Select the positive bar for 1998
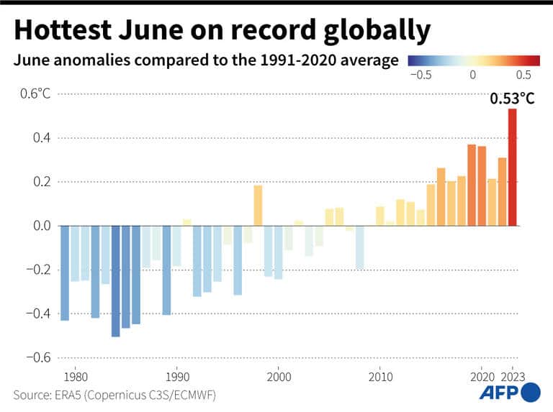pos(258,205)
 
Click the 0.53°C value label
pos(512,99)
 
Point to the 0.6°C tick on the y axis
pos(35,93)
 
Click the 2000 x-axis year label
pos(278,376)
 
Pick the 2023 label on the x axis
pos(513,376)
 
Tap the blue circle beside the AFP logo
pos(530,393)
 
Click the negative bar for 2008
pos(359,247)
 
